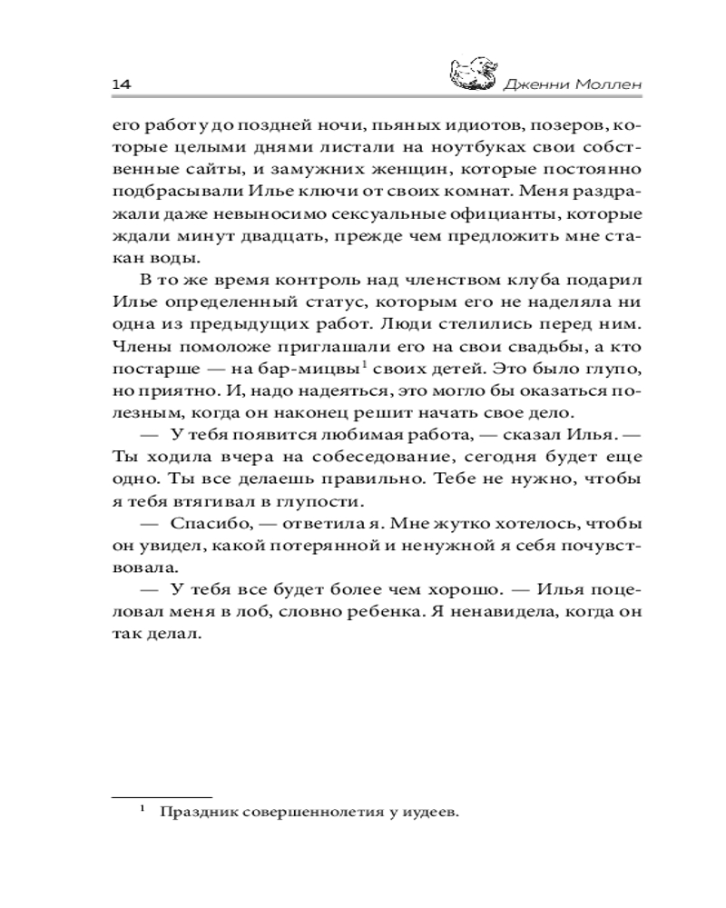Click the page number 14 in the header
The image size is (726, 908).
coord(123,84)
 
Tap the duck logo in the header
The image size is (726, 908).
coord(473,74)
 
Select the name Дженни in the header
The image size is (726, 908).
coord(533,84)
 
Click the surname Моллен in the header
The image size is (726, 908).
coord(604,84)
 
